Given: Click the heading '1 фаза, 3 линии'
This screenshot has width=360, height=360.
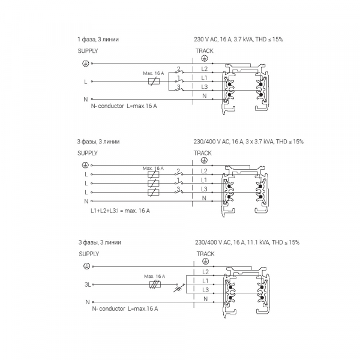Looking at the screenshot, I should coord(98,40).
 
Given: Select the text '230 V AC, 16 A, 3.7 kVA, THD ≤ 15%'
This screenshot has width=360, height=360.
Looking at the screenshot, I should coord(239,40).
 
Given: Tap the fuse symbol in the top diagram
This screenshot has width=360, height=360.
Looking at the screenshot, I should coord(154,80).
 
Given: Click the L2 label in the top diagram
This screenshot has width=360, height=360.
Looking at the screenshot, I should coord(204,70).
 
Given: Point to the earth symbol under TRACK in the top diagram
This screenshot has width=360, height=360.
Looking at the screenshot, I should coord(204,59).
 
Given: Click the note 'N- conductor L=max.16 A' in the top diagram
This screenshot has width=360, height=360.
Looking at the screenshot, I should coord(120,106).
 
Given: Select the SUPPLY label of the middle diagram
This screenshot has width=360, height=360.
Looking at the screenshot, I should coord(88,153).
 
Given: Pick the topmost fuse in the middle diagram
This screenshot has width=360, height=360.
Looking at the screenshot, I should coord(154,173).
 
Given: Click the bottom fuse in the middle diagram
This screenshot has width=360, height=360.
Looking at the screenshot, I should coord(154,191).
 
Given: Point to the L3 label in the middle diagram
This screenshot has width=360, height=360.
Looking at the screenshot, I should coord(204,189).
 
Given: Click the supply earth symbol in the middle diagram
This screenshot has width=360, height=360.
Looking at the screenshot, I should coord(85,164).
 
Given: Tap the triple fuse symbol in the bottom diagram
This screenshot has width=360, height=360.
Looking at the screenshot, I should coord(154,285).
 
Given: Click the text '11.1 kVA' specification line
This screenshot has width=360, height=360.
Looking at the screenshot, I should coord(247,242).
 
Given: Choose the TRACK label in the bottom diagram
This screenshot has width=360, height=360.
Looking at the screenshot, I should coord(205,254).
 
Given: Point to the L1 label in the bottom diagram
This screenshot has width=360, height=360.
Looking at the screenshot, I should coord(205,281).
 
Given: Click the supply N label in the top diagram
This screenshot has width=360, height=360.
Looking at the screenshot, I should coord(86,99).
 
